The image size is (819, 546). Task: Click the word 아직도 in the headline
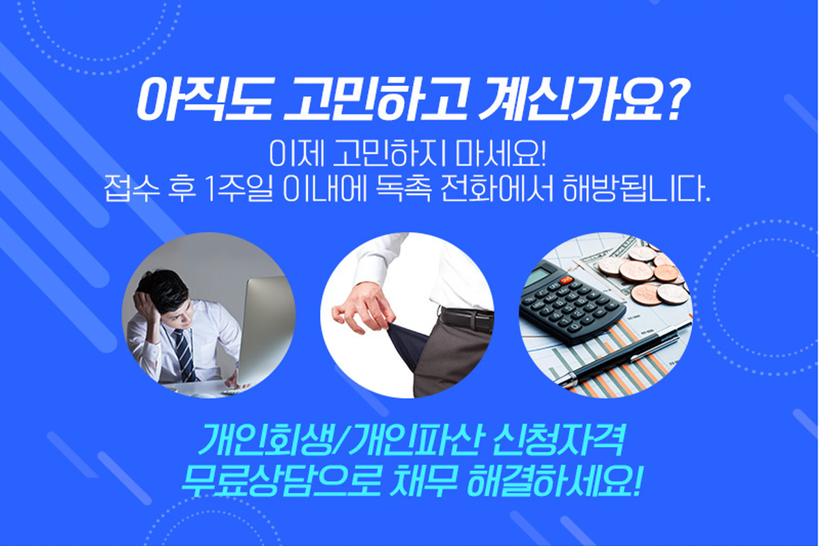[x=203, y=100]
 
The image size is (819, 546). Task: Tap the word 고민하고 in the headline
[x=374, y=100]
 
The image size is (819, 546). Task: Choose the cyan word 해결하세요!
[x=554, y=480]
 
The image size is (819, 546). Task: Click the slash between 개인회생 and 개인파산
[x=343, y=440]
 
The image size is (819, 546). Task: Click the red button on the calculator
[x=566, y=281]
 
